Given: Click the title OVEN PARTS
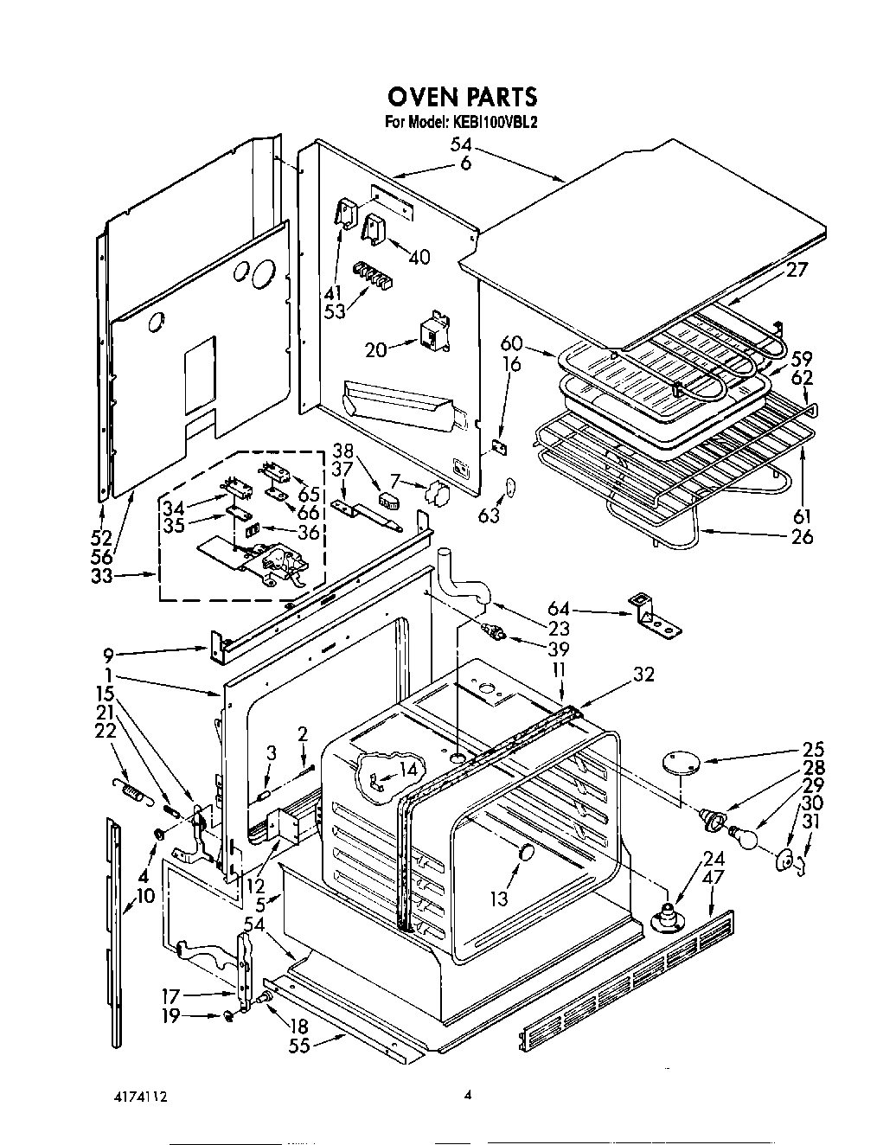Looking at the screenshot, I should [461, 95].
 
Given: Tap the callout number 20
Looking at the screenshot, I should [375, 349].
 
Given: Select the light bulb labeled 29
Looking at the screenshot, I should [745, 836].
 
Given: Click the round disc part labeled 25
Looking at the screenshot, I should [681, 764].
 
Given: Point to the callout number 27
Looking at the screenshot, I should [797, 270].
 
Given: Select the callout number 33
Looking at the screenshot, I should [102, 574].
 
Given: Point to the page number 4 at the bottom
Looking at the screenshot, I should [467, 1095].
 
